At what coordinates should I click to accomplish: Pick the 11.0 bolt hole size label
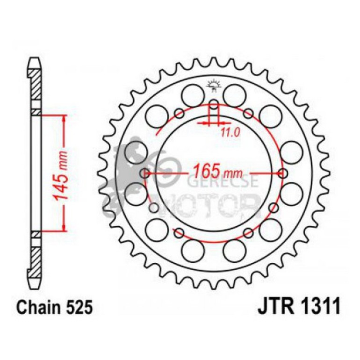[x=230, y=132]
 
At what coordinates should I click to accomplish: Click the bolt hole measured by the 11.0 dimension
[x=213, y=104]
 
